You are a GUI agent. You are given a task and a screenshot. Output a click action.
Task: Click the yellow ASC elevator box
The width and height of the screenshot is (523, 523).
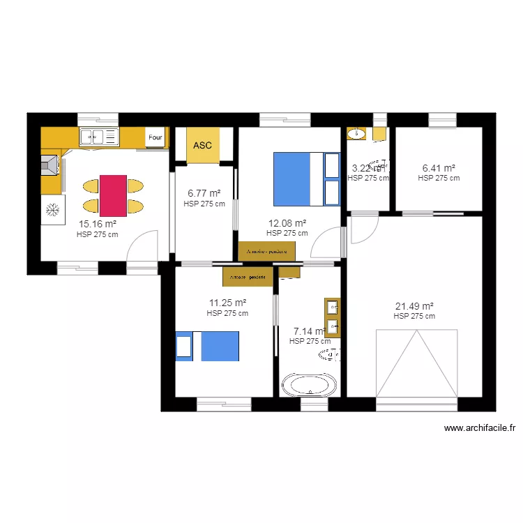[203, 146]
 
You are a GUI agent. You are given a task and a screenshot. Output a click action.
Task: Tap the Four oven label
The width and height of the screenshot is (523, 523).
[155, 138]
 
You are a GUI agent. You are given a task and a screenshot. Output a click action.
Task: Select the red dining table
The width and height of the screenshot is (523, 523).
[113, 196]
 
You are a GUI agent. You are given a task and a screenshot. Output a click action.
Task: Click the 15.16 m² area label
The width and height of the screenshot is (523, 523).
[97, 225]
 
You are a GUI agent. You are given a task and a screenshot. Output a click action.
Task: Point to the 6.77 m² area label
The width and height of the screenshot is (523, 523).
[204, 194]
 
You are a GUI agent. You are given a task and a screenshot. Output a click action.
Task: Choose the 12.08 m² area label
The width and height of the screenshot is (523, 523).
[287, 224]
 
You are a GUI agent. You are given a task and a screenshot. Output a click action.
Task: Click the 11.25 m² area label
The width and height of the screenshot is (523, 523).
[227, 303]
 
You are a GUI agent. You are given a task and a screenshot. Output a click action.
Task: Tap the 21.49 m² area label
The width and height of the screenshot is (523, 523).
[414, 306]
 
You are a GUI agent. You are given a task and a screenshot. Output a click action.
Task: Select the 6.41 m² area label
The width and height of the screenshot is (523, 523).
[439, 168]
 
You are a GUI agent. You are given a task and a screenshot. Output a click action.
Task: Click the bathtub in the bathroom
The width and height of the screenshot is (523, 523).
[309, 385]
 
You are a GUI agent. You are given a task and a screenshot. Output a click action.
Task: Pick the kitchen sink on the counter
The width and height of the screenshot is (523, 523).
[100, 137]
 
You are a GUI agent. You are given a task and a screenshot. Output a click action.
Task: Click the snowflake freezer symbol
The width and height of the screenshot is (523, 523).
[52, 210]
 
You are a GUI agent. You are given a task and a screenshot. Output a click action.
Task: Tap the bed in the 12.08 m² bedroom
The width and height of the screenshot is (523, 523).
[306, 179]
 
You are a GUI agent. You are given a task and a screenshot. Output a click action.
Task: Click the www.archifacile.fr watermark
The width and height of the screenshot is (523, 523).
[478, 429]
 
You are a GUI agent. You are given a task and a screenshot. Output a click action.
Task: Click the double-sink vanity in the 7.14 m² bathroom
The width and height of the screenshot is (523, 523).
[333, 317]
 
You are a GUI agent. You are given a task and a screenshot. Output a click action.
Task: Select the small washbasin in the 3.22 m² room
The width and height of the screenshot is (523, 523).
[356, 132]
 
